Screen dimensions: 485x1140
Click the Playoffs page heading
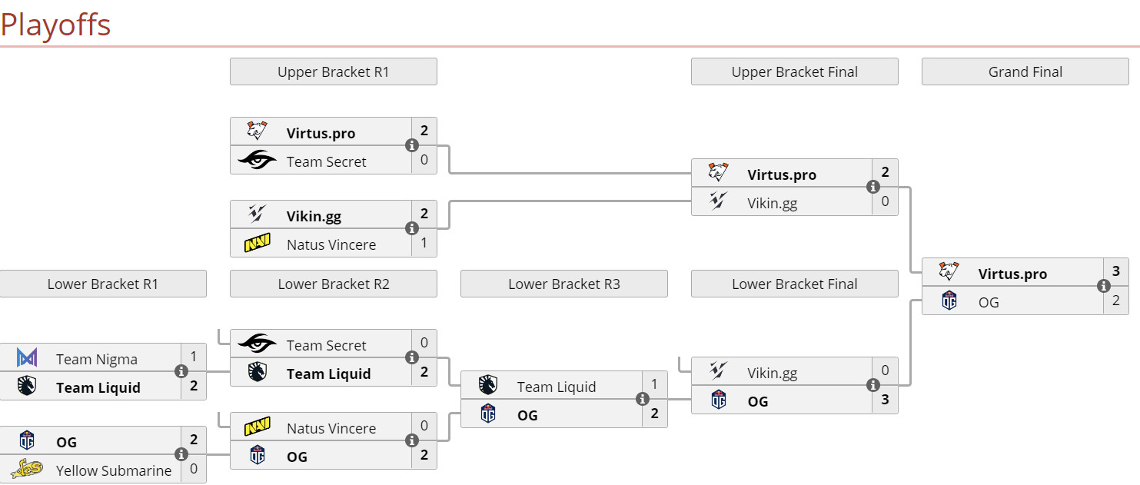(55, 25)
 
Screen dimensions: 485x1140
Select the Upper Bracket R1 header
(333, 71)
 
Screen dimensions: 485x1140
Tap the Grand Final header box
(1025, 71)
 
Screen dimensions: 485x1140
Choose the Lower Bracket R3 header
(563, 284)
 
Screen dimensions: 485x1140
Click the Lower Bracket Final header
(794, 284)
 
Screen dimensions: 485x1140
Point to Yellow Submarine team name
(114, 470)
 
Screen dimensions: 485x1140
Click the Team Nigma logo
(27, 358)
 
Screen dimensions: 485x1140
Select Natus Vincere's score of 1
(424, 243)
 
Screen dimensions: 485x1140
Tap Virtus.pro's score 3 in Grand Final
(1115, 271)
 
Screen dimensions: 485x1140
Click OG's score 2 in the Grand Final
(1115, 301)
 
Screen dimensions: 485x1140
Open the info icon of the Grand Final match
(1104, 286)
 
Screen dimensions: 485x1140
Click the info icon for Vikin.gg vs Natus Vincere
(412, 228)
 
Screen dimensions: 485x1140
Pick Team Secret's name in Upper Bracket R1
(326, 161)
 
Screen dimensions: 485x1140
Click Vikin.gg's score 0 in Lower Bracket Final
(885, 370)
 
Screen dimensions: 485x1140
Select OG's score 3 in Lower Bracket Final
(885, 400)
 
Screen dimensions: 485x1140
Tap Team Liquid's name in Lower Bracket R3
(556, 387)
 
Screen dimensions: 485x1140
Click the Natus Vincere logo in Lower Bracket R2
(258, 427)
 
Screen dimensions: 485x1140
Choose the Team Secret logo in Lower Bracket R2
(258, 344)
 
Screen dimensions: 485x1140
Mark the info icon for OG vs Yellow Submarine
(181, 454)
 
